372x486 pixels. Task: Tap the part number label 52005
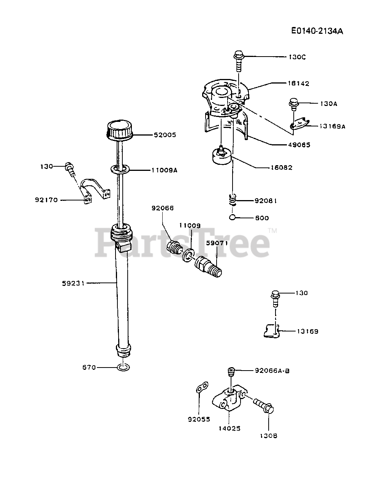tap(165, 135)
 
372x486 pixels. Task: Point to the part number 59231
tap(73, 283)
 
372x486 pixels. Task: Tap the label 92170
tap(46, 200)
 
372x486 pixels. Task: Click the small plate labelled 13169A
tap(300, 123)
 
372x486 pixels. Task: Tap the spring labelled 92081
tap(234, 199)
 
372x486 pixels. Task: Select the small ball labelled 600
tap(233, 218)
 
